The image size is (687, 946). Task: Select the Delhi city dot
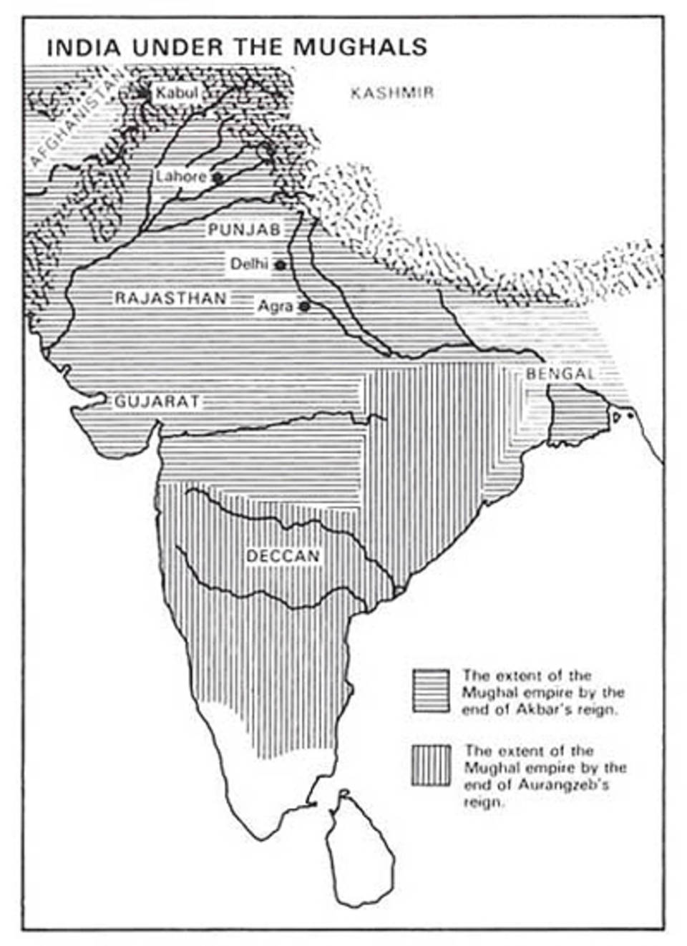pyautogui.click(x=281, y=265)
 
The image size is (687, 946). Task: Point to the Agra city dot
pyautogui.click(x=304, y=306)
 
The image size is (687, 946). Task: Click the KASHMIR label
pyautogui.click(x=392, y=93)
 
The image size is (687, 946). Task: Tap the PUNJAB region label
pyautogui.click(x=244, y=230)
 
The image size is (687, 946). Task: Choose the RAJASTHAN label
pyautogui.click(x=170, y=298)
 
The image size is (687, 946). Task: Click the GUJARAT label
pyautogui.click(x=157, y=401)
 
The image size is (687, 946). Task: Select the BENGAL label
pyautogui.click(x=560, y=374)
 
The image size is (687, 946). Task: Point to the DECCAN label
pyautogui.click(x=283, y=556)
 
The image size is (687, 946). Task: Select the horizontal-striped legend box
pyautogui.click(x=431, y=691)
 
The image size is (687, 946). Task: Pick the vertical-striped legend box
pyautogui.click(x=431, y=766)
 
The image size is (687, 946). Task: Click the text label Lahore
pyautogui.click(x=181, y=176)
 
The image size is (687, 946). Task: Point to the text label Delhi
pyautogui.click(x=248, y=264)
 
